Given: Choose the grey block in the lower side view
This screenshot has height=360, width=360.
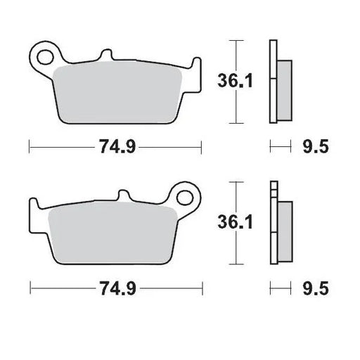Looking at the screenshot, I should click(x=284, y=231).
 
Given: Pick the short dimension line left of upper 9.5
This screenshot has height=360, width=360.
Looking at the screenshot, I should click(x=280, y=147).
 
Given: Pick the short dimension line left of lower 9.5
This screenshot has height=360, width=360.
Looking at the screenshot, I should click(x=280, y=288).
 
